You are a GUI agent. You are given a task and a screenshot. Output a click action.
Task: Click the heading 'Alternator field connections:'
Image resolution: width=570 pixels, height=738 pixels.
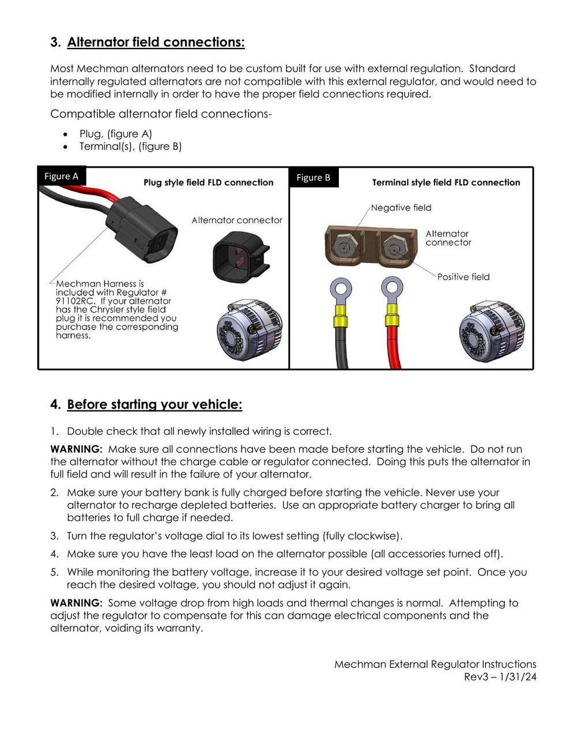[156, 42]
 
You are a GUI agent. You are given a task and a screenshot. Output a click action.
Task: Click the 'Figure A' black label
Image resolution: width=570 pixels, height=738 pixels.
[61, 176]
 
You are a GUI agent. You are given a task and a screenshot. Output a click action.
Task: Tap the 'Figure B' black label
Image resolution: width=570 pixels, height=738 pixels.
[314, 178]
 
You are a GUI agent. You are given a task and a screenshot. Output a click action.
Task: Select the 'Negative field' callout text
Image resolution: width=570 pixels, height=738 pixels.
[401, 208]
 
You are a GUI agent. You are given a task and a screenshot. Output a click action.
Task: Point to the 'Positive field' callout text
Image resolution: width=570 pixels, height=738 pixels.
[463, 277]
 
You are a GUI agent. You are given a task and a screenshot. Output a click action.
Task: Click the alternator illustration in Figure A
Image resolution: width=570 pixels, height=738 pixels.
[249, 330]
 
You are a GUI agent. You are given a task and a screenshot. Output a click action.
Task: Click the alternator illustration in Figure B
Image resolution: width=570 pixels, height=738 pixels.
[492, 332]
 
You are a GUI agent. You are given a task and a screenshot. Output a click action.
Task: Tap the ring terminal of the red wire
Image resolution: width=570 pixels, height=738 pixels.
[392, 285]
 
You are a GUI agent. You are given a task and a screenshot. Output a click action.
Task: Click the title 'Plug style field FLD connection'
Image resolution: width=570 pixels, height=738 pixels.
[209, 182]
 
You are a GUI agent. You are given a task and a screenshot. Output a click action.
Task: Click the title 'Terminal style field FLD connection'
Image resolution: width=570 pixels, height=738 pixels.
[446, 182]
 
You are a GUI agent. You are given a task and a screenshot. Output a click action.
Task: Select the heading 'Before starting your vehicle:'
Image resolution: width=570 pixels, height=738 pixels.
[154, 404]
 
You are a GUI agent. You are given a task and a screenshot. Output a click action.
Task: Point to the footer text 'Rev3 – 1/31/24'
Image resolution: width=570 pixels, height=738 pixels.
[500, 677]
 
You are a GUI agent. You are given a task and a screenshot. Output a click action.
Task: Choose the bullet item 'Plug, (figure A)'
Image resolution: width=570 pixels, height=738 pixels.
[115, 134]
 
